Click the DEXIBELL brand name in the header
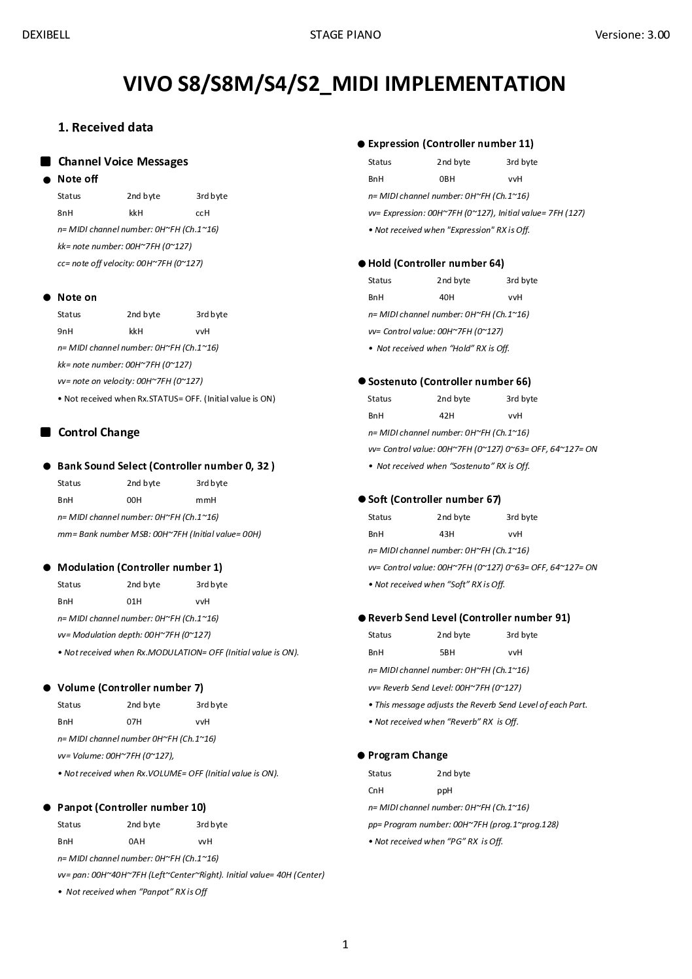(46, 35)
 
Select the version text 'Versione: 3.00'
(632, 35)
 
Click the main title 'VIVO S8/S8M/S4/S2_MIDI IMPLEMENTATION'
(344, 84)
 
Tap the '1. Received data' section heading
(105, 128)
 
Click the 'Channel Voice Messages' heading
(123, 162)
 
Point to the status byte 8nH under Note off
(65, 213)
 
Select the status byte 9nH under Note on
(65, 331)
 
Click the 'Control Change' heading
(99, 432)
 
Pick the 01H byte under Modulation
(134, 601)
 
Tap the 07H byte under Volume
(134, 721)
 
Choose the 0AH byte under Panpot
(137, 841)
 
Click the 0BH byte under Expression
(447, 179)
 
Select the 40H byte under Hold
(447, 297)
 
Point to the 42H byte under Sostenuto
(447, 415)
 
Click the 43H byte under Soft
(447, 534)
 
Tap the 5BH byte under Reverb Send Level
(447, 652)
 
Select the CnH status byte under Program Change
(375, 790)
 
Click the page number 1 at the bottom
(345, 944)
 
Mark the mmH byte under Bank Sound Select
(206, 500)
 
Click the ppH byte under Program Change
(445, 790)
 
